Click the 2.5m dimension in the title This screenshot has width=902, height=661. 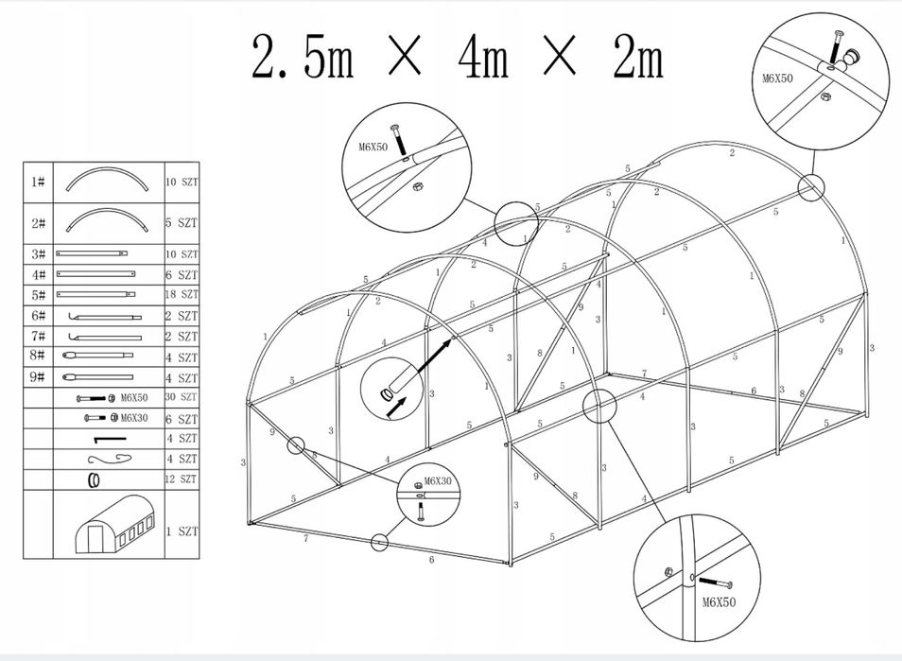(303, 59)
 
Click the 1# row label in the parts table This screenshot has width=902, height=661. (38, 181)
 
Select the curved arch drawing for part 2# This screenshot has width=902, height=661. (109, 223)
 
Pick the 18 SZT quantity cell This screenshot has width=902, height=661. (182, 295)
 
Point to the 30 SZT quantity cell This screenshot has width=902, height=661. (182, 397)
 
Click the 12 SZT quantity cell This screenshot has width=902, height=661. (182, 479)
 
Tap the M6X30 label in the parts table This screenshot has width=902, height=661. (133, 418)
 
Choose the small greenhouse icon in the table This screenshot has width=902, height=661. (113, 524)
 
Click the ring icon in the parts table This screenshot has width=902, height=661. (94, 479)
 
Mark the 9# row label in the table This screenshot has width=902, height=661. (38, 377)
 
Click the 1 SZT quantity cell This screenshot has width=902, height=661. (182, 531)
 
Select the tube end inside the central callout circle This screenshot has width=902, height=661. (388, 394)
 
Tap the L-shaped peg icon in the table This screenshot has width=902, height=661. (109, 439)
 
